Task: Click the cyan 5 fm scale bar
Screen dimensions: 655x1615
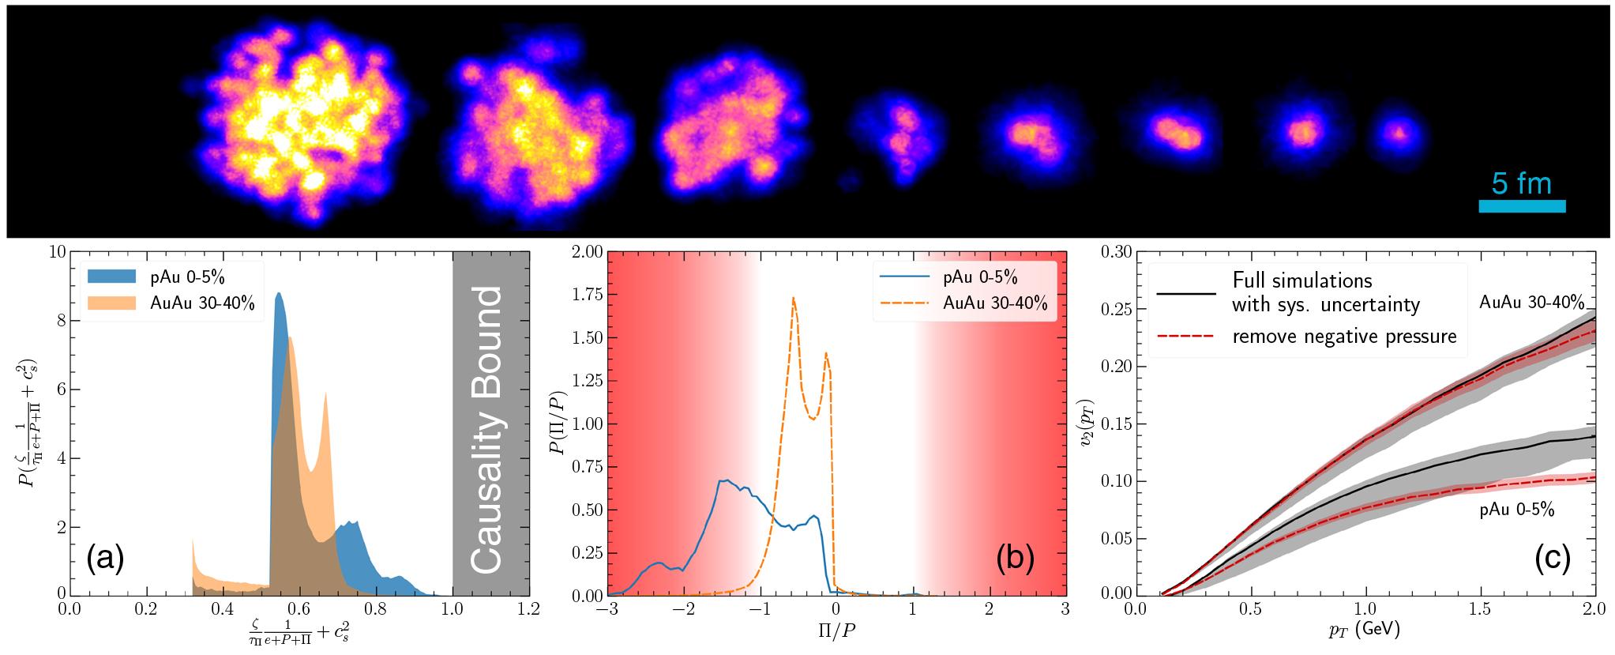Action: coord(1521,206)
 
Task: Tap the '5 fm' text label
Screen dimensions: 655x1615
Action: coord(1521,184)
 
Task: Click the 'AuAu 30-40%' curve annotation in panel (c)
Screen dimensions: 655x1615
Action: coord(1531,303)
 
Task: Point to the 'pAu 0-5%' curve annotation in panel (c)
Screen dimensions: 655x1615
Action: coord(1516,510)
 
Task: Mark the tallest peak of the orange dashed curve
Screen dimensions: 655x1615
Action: coord(792,298)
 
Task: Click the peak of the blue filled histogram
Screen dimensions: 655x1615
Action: coord(278,294)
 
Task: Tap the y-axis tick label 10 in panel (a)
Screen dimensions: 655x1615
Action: coord(56,252)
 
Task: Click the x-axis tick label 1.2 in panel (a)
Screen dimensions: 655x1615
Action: coord(529,610)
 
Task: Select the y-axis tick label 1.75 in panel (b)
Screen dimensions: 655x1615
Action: coord(586,295)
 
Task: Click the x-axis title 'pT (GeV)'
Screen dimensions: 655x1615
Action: coord(1365,630)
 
